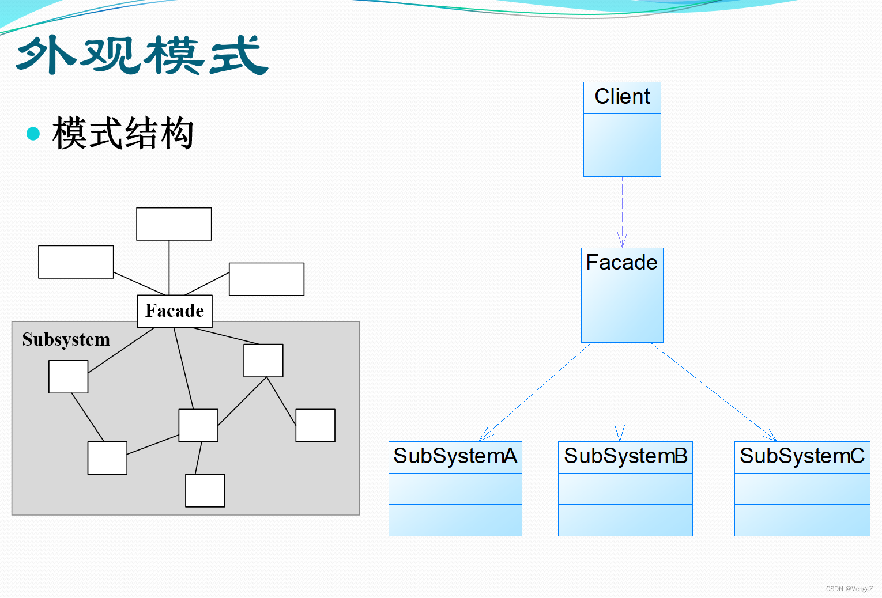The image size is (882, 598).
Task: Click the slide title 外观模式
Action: tap(142, 55)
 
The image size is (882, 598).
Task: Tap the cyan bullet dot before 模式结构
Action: tap(33, 134)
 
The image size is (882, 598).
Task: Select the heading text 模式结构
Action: tap(123, 134)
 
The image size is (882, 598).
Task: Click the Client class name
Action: tap(622, 97)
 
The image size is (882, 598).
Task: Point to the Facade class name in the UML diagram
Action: tap(621, 263)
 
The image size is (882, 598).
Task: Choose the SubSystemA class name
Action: tap(455, 456)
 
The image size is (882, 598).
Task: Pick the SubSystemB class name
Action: tap(625, 456)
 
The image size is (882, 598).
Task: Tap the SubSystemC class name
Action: tap(801, 456)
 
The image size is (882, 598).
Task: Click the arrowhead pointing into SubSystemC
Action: tap(771, 436)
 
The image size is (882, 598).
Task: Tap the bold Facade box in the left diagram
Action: tap(175, 311)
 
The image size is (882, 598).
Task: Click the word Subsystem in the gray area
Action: tap(66, 340)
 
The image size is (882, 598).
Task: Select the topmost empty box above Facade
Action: tap(174, 224)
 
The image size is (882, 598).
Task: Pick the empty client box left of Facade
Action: tap(76, 262)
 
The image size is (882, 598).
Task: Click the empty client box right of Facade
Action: tap(266, 279)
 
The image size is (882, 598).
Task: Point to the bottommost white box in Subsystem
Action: tap(205, 490)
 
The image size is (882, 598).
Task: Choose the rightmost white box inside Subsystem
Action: tap(315, 425)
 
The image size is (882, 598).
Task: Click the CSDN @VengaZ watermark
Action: tap(849, 589)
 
